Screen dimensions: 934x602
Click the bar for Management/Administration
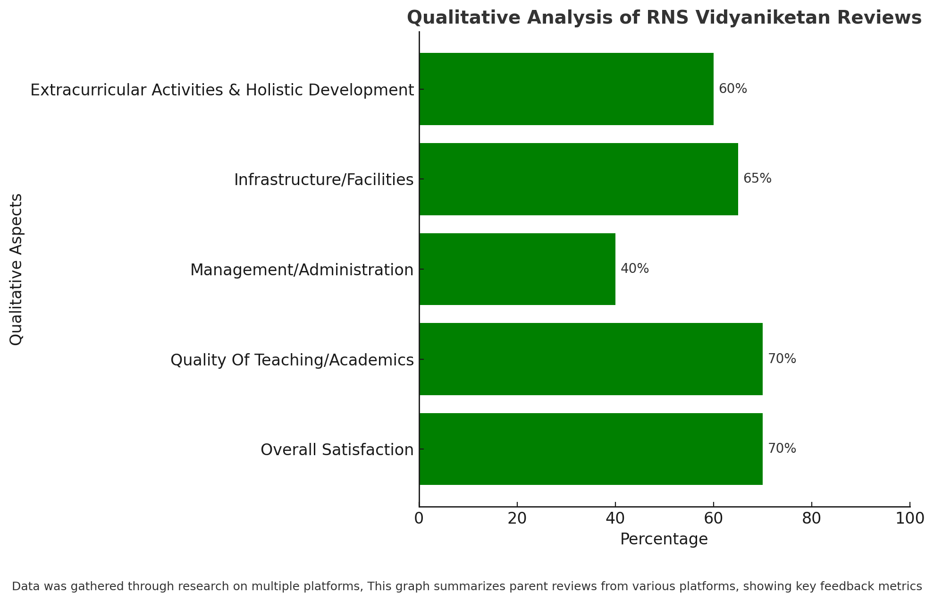517,269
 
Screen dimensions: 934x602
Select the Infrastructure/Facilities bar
579,179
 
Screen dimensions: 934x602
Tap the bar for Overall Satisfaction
591,449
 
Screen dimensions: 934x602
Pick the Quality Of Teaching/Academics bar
591,359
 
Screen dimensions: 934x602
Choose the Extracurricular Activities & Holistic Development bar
566,89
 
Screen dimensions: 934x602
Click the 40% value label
635,269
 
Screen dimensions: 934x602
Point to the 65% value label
757,178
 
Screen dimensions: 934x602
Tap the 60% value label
733,89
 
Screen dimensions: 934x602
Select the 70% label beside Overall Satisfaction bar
782,449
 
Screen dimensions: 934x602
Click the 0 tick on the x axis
419,518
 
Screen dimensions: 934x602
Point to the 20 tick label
517,518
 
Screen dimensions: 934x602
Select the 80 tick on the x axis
812,518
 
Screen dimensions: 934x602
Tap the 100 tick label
910,518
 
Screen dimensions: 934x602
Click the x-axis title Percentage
664,539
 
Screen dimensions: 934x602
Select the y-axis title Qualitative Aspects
17,269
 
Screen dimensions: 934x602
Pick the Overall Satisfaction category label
337,449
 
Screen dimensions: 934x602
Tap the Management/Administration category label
302,270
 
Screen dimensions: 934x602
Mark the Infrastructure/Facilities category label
324,180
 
